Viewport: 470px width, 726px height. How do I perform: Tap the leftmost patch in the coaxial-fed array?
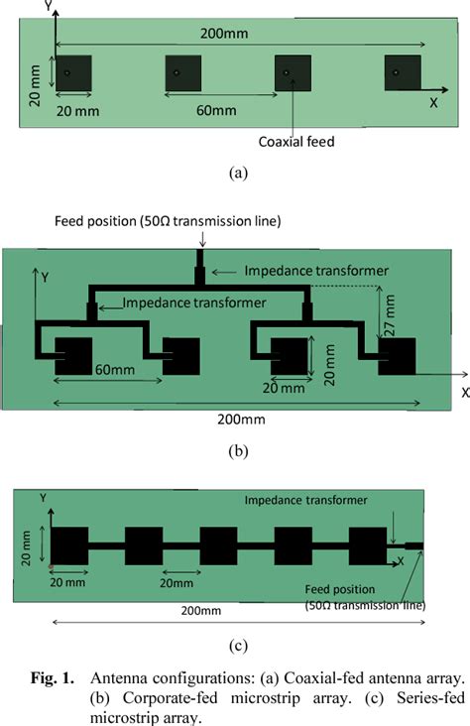[x=73, y=73]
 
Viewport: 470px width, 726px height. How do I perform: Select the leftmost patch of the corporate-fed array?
[x=73, y=356]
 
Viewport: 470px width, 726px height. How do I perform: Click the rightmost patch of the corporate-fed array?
[x=398, y=356]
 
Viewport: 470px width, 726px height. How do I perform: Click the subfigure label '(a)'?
[x=236, y=173]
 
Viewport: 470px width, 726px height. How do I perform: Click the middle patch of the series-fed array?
[x=218, y=545]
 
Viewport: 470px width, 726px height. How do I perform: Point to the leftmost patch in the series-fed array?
[x=69, y=545]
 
